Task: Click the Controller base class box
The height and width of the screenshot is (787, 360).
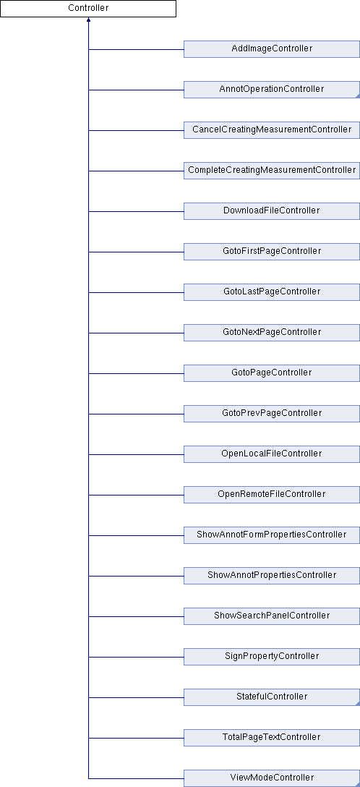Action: [x=88, y=9]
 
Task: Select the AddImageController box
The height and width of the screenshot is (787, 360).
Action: [x=272, y=49]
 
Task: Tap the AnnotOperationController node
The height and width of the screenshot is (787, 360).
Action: [x=272, y=90]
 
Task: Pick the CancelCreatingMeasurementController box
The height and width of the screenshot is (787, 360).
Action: [x=272, y=130]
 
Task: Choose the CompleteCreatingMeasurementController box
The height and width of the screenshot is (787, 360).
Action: [x=272, y=171]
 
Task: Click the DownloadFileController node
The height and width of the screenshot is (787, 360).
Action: [x=272, y=210]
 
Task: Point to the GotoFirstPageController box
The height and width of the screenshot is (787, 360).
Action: [x=272, y=252]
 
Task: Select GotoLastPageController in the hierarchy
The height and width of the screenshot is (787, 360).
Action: [x=272, y=292]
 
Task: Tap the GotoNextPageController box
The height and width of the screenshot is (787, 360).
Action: [x=272, y=332]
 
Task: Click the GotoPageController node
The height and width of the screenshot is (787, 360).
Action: [x=272, y=373]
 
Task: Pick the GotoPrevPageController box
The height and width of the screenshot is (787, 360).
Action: [x=272, y=414]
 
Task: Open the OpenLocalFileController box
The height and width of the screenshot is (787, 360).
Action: [x=272, y=454]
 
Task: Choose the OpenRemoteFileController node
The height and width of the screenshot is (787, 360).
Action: [x=272, y=494]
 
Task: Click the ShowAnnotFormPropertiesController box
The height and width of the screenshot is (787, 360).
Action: [x=272, y=535]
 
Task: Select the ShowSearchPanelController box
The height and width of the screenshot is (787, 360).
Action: [x=272, y=616]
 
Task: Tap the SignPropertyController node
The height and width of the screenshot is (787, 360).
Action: [x=272, y=657]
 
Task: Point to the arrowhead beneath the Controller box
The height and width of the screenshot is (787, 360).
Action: [x=88, y=20]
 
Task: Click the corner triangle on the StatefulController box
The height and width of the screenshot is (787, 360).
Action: [x=358, y=704]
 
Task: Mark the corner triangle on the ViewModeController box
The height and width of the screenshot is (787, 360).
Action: [x=358, y=785]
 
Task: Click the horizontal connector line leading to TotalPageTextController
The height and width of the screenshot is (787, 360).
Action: [x=136, y=738]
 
